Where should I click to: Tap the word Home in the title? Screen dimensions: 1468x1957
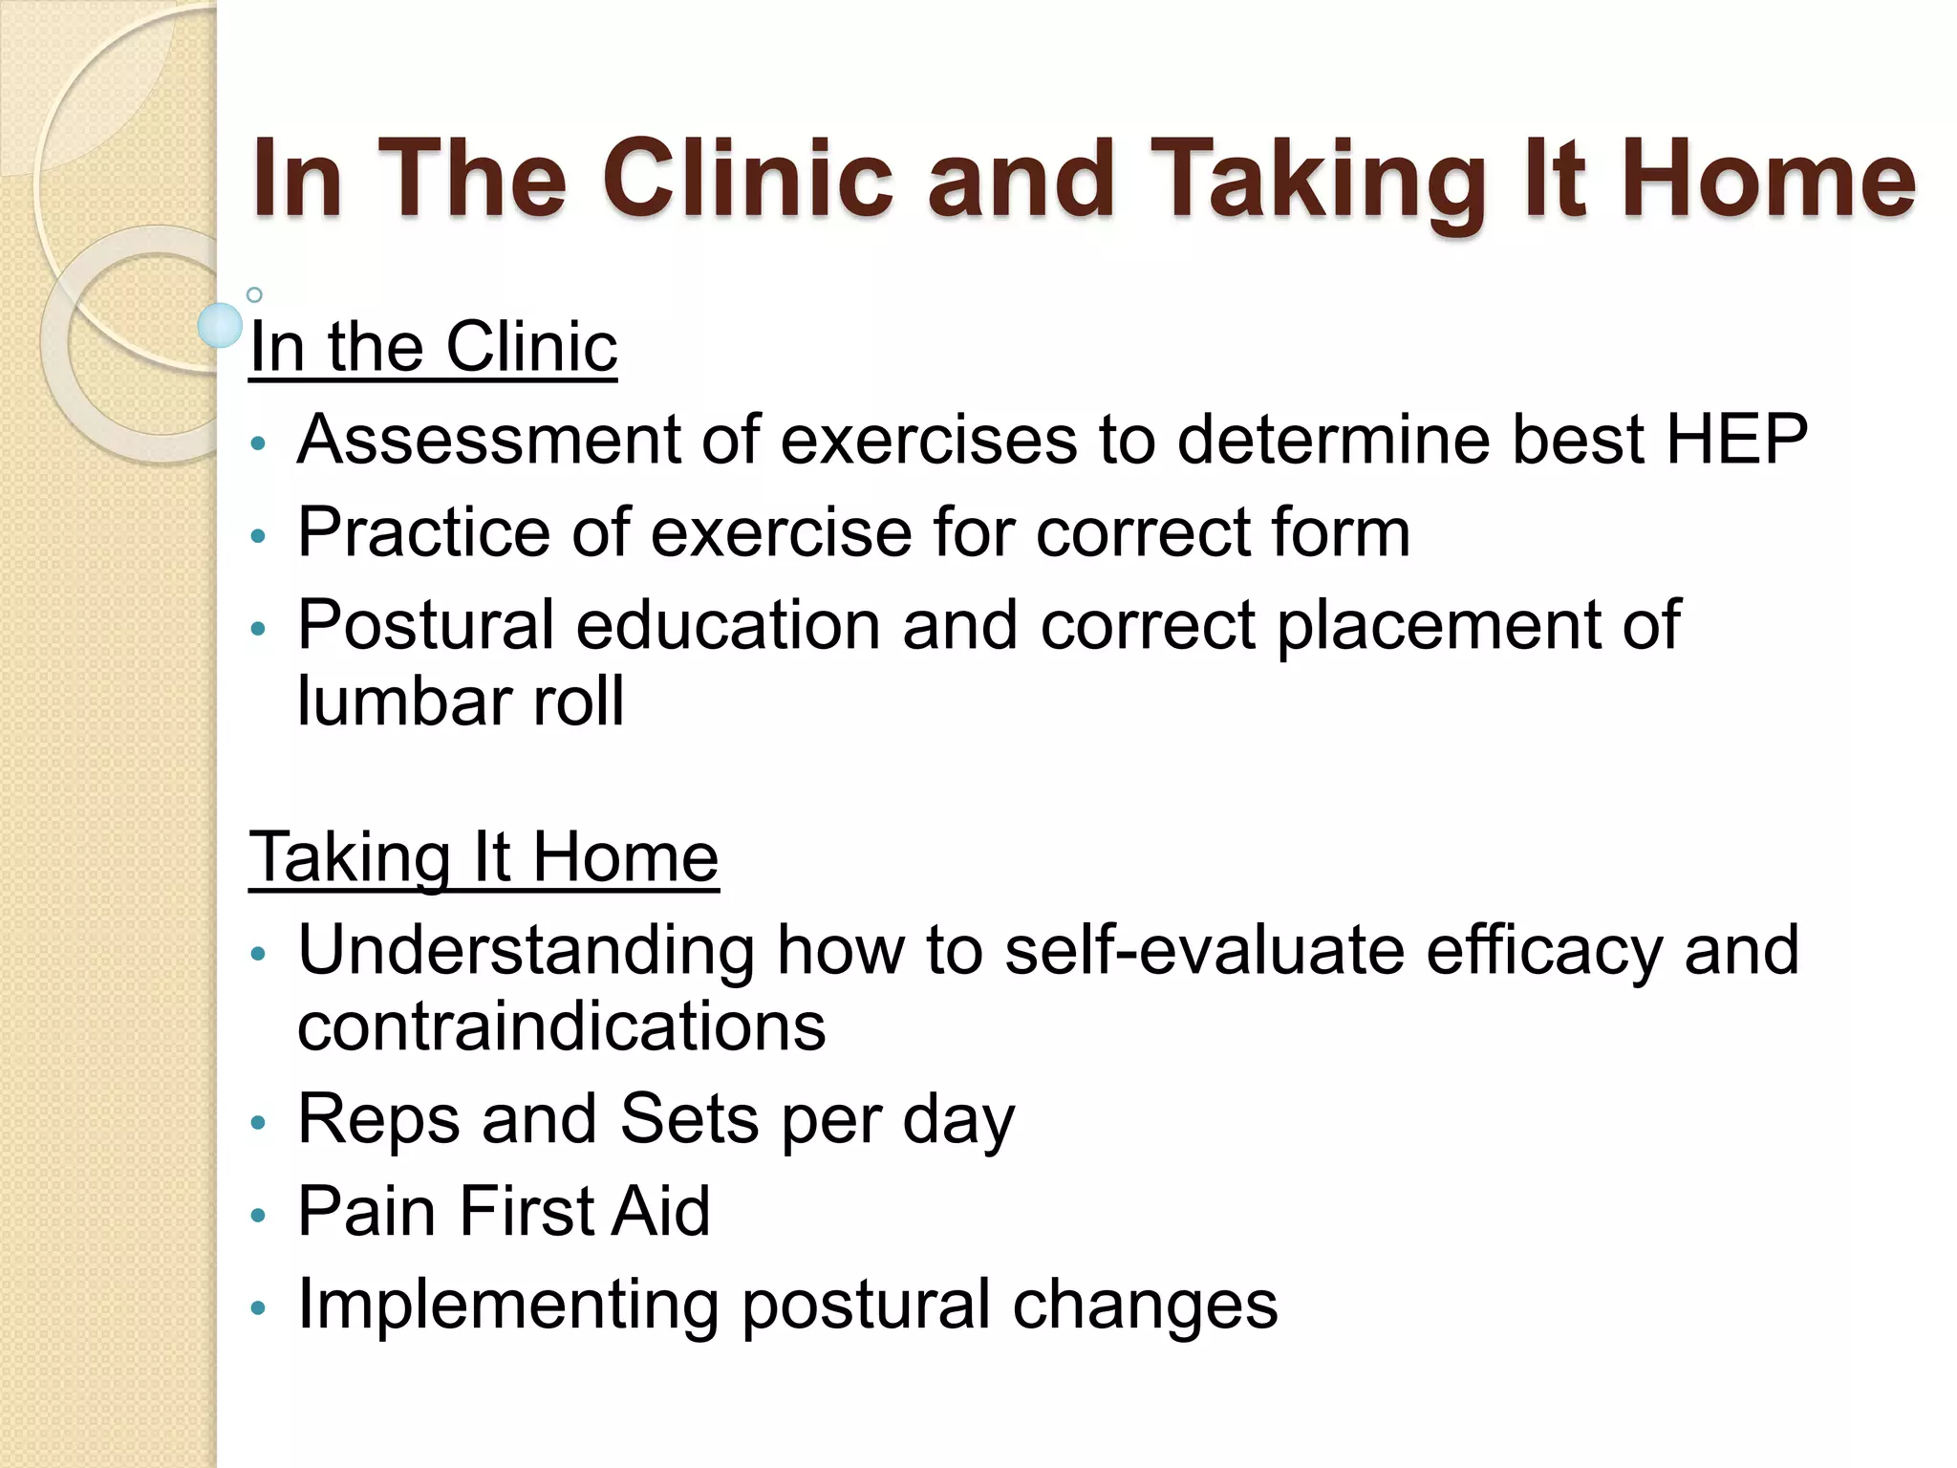[1768, 180]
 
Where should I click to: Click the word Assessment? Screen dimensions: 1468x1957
[488, 440]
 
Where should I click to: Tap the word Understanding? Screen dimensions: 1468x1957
[527, 950]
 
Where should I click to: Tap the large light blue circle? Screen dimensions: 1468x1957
[221, 326]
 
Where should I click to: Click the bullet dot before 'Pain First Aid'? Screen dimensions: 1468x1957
[256, 1216]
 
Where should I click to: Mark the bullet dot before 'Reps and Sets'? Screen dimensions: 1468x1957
[256, 1123]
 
